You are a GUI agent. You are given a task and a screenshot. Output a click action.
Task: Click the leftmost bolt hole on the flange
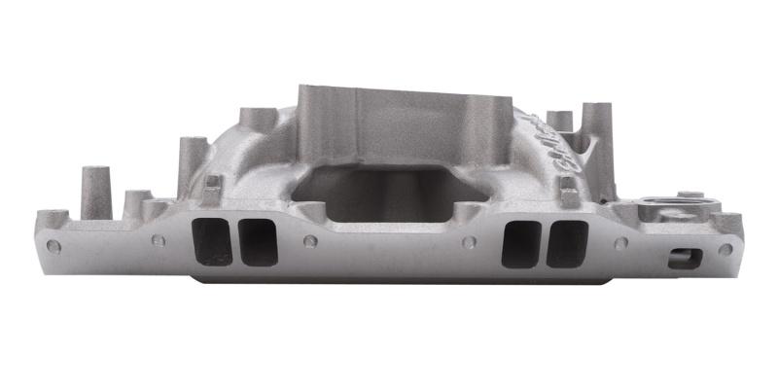click(53, 246)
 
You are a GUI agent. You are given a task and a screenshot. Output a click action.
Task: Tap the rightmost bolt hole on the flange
click(724, 249)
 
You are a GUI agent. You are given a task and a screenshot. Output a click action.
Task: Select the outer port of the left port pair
click(213, 241)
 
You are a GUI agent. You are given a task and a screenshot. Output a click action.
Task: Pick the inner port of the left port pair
click(258, 241)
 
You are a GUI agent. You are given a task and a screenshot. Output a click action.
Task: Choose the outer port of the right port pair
click(567, 243)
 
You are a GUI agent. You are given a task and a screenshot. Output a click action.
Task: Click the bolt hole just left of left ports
click(157, 239)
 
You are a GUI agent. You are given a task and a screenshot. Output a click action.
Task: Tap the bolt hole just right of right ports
click(620, 243)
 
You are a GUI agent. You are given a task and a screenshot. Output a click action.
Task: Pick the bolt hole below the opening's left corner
click(310, 240)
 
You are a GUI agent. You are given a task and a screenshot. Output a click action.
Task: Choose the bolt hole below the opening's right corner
click(468, 242)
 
